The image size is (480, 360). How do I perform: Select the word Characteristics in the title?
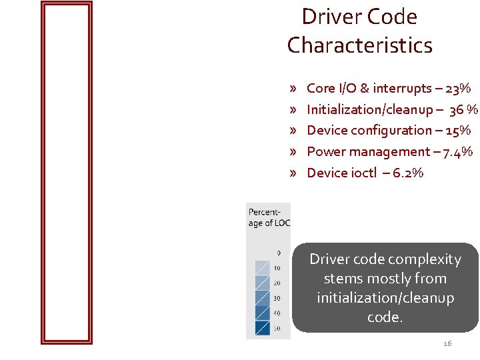click(x=360, y=45)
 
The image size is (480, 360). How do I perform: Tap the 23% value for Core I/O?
click(x=459, y=88)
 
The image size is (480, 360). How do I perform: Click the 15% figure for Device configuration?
click(x=457, y=130)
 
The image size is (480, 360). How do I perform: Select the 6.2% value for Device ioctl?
click(x=408, y=173)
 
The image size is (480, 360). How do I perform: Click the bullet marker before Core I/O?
click(x=293, y=88)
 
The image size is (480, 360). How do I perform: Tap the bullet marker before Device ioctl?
click(x=293, y=173)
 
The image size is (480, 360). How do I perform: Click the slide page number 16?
click(x=447, y=343)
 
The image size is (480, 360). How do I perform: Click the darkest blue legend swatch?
click(x=262, y=327)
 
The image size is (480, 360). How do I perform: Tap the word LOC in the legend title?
click(x=282, y=223)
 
